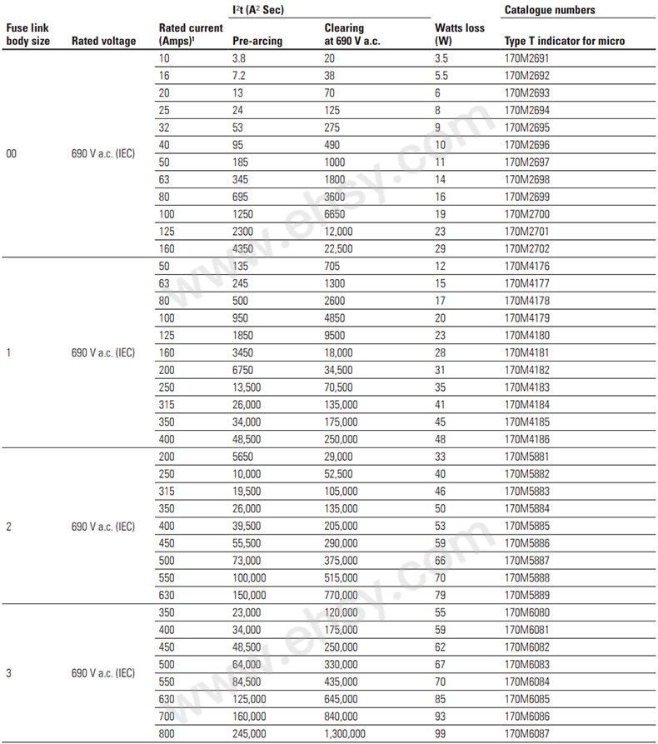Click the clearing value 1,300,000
tap(344, 733)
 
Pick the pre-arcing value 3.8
tap(240, 58)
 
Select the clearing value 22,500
tap(339, 248)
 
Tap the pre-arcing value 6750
tap(246, 370)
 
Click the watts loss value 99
tap(441, 733)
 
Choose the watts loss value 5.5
tap(441, 76)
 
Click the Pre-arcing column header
tap(257, 41)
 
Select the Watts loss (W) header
tap(459, 34)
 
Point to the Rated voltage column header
tap(103, 41)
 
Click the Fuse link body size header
tap(27, 34)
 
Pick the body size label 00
tap(12, 153)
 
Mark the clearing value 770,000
tap(341, 595)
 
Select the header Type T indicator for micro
tap(565, 41)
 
